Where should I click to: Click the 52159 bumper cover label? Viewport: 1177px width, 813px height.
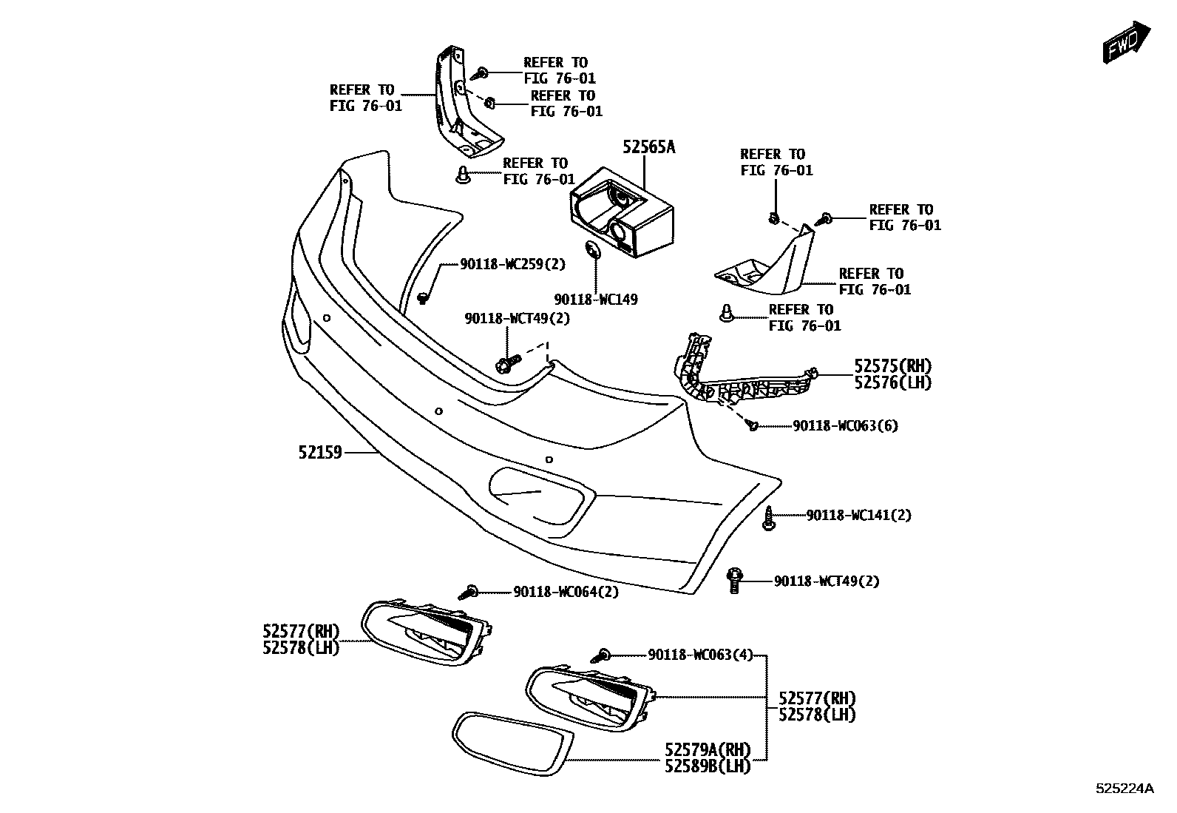pos(320,451)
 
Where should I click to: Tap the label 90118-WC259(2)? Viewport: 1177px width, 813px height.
pos(512,263)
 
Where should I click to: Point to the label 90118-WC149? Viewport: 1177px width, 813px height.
pos(596,300)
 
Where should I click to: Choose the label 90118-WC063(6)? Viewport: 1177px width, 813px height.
pos(845,426)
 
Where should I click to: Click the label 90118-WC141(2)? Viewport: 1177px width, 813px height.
pos(858,515)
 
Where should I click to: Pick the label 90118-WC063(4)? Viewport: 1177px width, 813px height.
pos(700,655)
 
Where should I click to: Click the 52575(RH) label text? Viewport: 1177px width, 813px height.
pos(892,366)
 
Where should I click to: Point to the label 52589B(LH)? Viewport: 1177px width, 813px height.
pos(708,767)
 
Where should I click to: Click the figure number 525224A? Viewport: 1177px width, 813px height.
pos(1124,789)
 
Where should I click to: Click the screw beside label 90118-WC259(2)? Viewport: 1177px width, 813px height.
pos(423,297)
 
